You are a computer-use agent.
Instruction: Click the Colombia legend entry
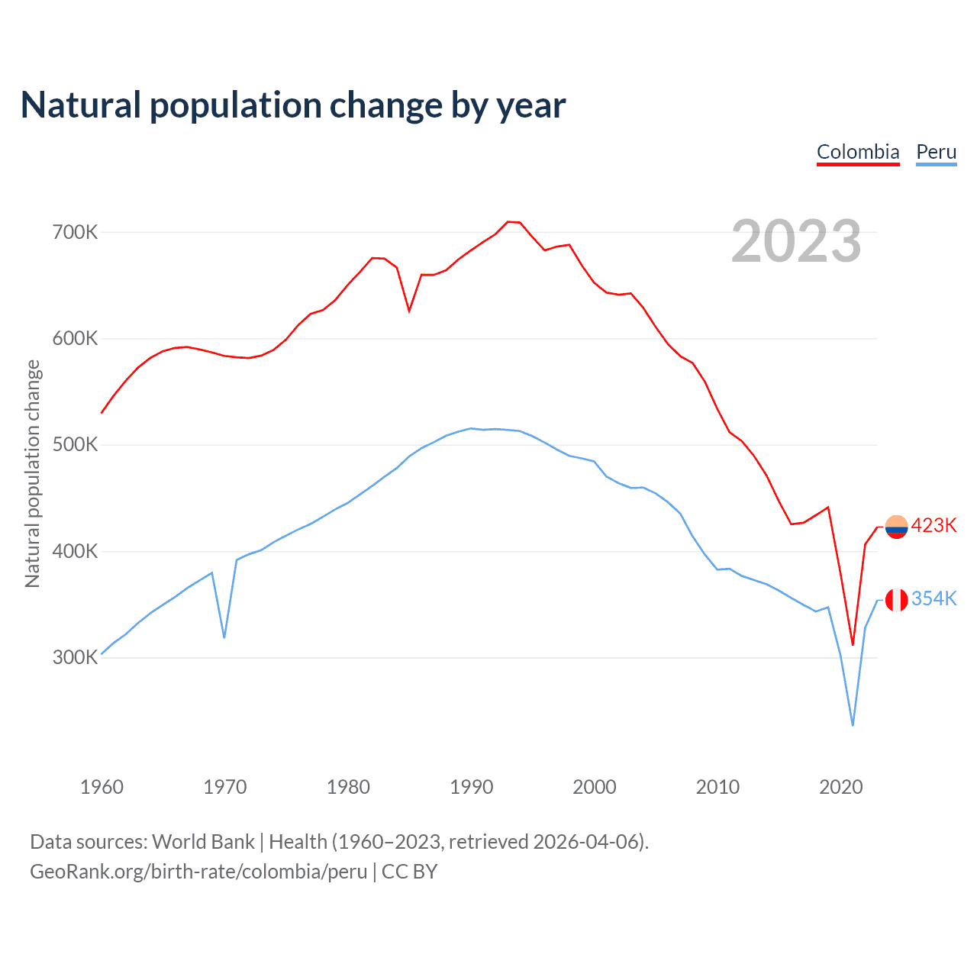click(x=858, y=152)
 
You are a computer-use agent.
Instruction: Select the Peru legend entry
click(x=936, y=152)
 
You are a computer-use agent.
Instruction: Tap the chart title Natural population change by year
click(x=293, y=105)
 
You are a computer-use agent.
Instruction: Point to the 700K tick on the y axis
click(x=75, y=232)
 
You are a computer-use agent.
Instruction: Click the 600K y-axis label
click(x=75, y=338)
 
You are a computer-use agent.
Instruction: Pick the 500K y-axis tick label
click(x=75, y=445)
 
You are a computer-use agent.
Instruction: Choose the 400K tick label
click(x=75, y=551)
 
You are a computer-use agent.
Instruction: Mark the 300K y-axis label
click(x=75, y=658)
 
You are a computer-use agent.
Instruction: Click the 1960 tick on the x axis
click(x=102, y=787)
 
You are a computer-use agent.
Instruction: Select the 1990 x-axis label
click(x=471, y=787)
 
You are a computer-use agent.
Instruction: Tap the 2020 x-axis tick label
click(x=840, y=787)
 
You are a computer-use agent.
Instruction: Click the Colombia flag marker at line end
click(x=896, y=527)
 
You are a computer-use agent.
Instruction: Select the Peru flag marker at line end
click(x=896, y=600)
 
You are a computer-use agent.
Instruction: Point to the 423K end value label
click(x=933, y=526)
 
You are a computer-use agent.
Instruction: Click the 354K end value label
click(x=933, y=599)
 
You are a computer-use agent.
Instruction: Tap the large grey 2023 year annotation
click(x=796, y=241)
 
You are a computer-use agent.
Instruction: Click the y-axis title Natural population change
click(x=33, y=474)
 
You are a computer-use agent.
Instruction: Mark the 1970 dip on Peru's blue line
click(x=224, y=637)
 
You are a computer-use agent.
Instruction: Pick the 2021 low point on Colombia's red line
click(x=853, y=645)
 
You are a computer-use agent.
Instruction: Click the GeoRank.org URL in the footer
click(x=198, y=872)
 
